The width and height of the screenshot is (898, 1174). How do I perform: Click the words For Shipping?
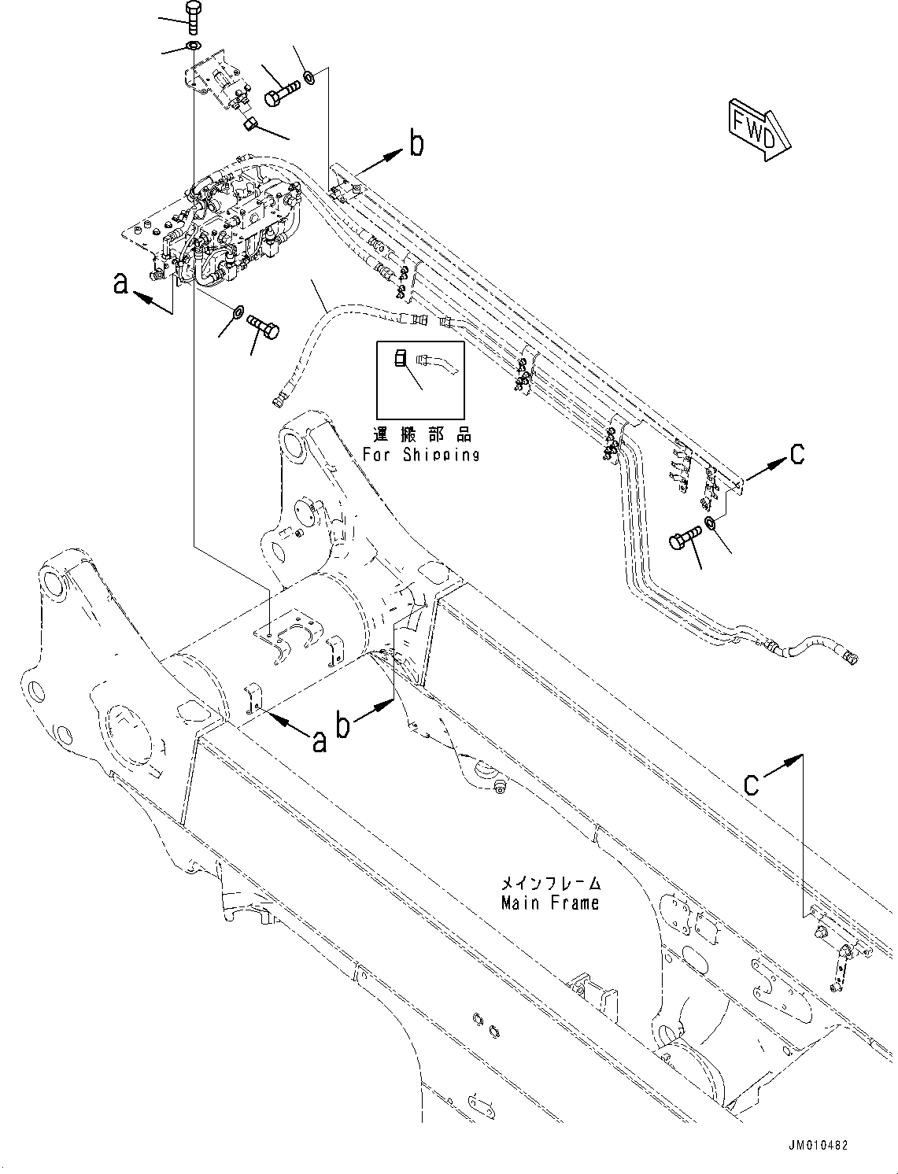coord(421,455)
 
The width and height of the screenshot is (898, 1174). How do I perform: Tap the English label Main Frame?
coord(549,903)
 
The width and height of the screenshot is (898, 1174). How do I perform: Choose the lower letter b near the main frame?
coord(343,725)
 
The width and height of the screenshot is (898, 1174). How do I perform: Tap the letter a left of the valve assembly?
coord(120,282)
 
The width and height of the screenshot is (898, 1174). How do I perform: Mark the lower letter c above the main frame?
coord(752,783)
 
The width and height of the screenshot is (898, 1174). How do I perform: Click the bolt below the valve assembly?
coord(263,326)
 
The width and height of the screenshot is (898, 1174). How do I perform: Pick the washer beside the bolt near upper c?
coord(711,524)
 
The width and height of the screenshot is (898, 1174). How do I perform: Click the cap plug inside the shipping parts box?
coord(400,359)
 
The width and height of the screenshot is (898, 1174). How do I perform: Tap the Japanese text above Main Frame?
coord(550,883)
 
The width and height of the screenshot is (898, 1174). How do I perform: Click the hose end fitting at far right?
coord(850,655)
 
